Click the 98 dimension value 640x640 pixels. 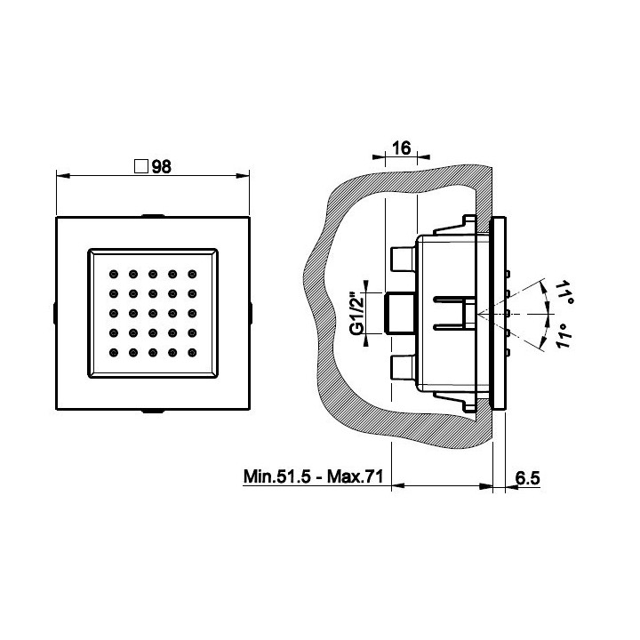[x=161, y=166]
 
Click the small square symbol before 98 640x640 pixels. [x=140, y=166]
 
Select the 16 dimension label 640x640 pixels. [x=401, y=148]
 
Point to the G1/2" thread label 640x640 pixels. [x=357, y=312]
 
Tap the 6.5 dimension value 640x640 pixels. [x=528, y=477]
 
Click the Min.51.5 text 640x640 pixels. [x=277, y=476]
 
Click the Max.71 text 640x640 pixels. [x=355, y=476]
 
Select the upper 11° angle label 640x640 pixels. [x=565, y=291]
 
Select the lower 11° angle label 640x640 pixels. [x=564, y=336]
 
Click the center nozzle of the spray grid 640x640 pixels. [x=153, y=313]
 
